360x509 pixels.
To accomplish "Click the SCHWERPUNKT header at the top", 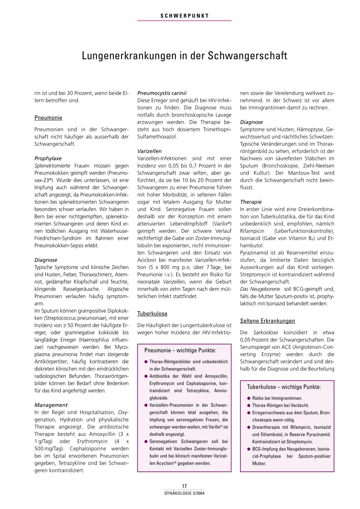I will pyautogui.click(x=185, y=16).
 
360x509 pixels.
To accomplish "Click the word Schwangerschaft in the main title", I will pyautogui.click(x=247, y=56).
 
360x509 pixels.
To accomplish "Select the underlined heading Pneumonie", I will pyautogui.click(x=48, y=118).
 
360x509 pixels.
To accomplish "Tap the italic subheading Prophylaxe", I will pyautogui.click(x=48, y=158).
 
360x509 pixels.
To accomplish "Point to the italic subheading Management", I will pyautogui.click(x=51, y=405).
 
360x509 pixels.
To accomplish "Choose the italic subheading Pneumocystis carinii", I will pyautogui.click(x=162, y=93).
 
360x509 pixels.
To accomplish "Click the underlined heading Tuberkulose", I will pyautogui.click(x=152, y=314).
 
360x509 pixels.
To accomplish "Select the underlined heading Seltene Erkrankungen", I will pyautogui.click(x=267, y=321).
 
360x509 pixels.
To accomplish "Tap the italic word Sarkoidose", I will pyautogui.click(x=265, y=333).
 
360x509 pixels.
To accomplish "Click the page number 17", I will pyautogui.click(x=184, y=486).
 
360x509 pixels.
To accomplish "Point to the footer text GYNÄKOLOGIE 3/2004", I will pyautogui.click(x=184, y=493).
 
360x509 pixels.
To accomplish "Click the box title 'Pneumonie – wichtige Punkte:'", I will pyautogui.click(x=180, y=350).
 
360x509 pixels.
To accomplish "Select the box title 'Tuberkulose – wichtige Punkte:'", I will pyautogui.click(x=284, y=387).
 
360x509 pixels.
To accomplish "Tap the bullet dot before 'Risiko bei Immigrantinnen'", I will pyautogui.click(x=249, y=398).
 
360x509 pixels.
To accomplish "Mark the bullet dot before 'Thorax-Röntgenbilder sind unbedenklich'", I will pyautogui.click(x=146, y=362).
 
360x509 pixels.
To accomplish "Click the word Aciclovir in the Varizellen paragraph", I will pyautogui.click(x=147, y=260).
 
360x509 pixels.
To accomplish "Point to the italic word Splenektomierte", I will pyautogui.click(x=52, y=166).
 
